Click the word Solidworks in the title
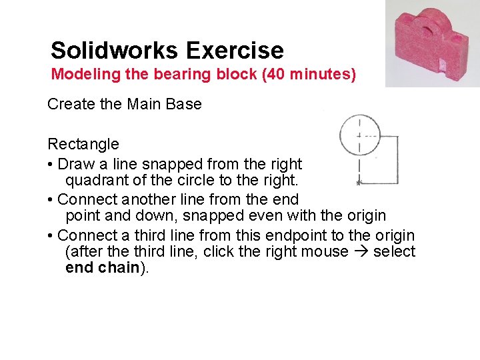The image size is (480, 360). click(115, 51)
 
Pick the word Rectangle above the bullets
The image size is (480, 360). click(83, 144)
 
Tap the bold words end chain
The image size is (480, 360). click(103, 268)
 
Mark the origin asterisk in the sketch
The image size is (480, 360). click(359, 182)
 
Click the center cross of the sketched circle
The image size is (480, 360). click(359, 135)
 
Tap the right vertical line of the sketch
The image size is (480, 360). click(398, 160)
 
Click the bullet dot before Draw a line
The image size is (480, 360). click(51, 164)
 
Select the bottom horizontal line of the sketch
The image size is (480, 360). click(379, 183)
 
